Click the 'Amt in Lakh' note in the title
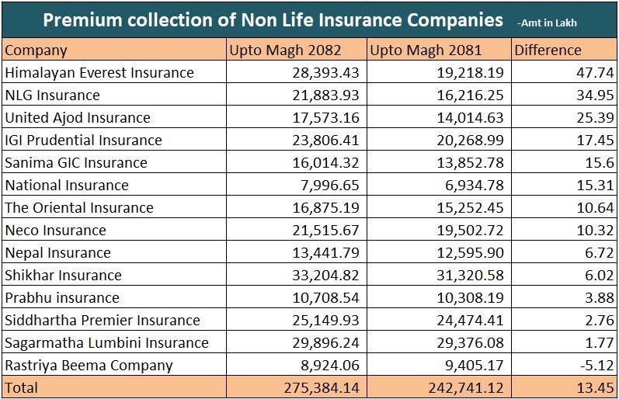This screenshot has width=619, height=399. [550, 23]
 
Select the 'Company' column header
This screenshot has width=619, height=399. [36, 50]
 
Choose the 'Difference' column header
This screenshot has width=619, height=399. [548, 50]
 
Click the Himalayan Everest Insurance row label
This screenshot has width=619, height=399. [99, 73]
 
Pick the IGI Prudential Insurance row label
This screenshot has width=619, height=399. [84, 141]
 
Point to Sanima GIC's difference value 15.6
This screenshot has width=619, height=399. [598, 163]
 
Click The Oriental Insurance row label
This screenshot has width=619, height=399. [79, 208]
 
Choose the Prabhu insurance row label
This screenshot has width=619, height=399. [62, 298]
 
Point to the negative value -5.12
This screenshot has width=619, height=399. [594, 366]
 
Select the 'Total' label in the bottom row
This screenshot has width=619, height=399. [21, 387]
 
